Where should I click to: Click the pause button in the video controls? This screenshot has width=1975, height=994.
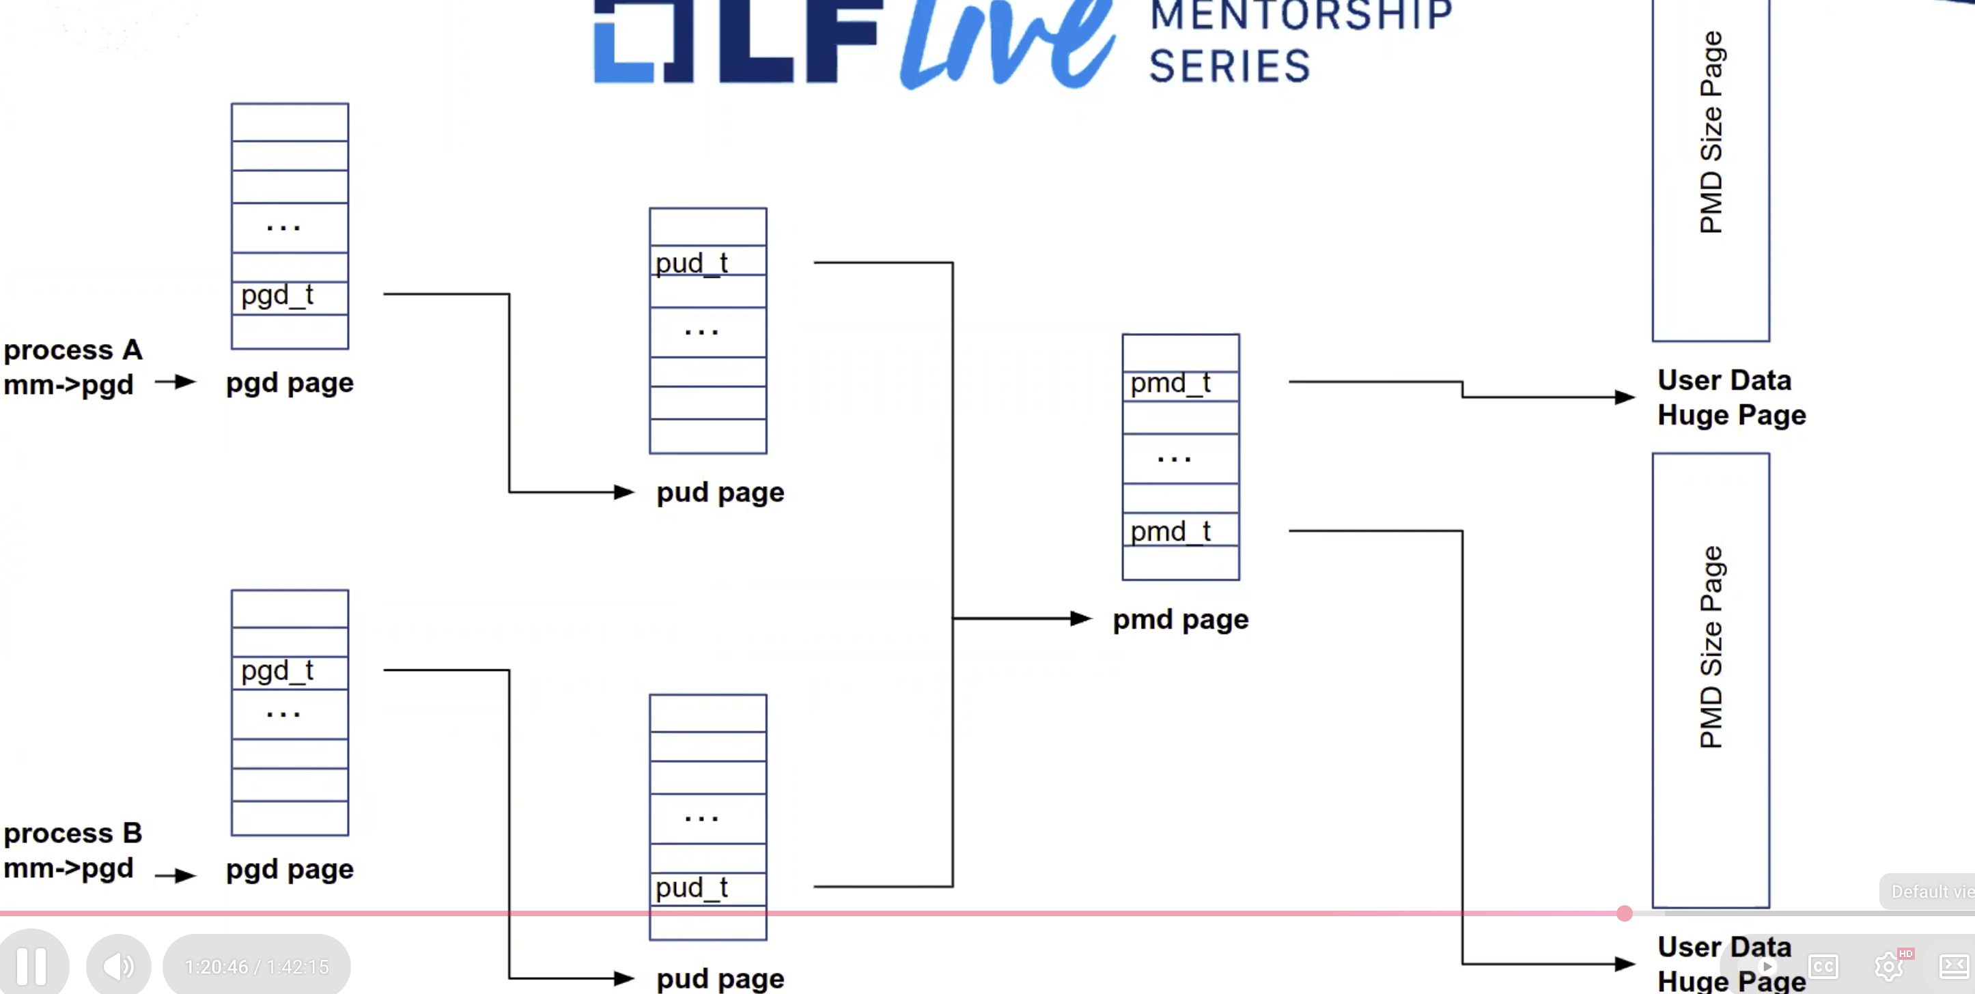coord(32,965)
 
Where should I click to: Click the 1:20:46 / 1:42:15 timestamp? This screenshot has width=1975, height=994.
coord(257,967)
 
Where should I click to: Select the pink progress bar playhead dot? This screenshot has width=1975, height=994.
coord(1624,913)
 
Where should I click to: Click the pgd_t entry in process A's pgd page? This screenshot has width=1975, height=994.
coord(290,296)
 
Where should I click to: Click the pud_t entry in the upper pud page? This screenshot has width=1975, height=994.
coord(707,262)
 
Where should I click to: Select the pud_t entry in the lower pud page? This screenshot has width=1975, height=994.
coord(707,887)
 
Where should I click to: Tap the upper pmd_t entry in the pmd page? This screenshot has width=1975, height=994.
coord(1180,383)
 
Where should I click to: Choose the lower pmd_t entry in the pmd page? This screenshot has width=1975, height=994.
coord(1180,530)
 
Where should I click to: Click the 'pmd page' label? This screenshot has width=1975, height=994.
coord(1180,619)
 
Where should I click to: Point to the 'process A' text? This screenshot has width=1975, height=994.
coord(73,350)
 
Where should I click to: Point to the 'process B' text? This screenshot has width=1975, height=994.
coord(73,833)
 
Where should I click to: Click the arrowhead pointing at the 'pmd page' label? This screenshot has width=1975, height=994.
coord(1081,619)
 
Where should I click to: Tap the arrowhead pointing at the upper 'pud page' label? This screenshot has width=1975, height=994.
coord(624,492)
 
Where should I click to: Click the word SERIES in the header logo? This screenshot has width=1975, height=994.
coord(1229,66)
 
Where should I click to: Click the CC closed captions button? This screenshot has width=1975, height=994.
coord(1823,967)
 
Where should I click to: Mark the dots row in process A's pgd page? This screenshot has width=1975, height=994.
coord(290,227)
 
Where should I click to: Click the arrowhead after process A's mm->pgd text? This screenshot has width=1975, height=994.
coord(186,382)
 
